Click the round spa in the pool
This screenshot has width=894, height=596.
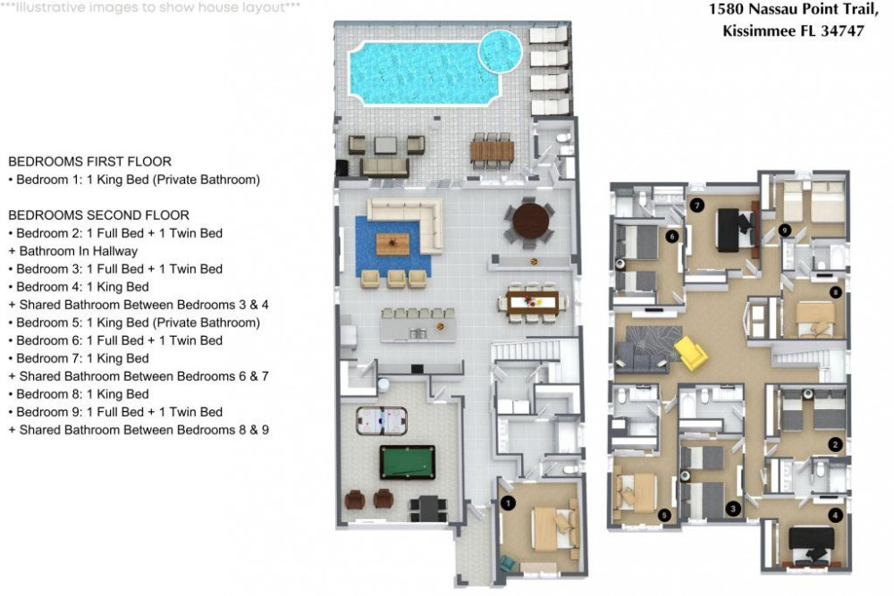(x=500, y=51)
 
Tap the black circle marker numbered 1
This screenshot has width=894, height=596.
(x=508, y=504)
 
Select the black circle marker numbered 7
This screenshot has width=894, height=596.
(x=697, y=205)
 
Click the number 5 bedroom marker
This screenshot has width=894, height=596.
(x=663, y=515)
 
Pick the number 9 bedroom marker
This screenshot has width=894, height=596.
(x=784, y=230)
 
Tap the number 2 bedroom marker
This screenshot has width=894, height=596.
(x=835, y=444)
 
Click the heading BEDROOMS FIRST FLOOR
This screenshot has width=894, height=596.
(x=89, y=162)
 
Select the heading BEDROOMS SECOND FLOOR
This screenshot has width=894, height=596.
(x=98, y=215)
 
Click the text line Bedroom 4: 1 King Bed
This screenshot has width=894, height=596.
(x=78, y=287)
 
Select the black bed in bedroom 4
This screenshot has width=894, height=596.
(x=813, y=540)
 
